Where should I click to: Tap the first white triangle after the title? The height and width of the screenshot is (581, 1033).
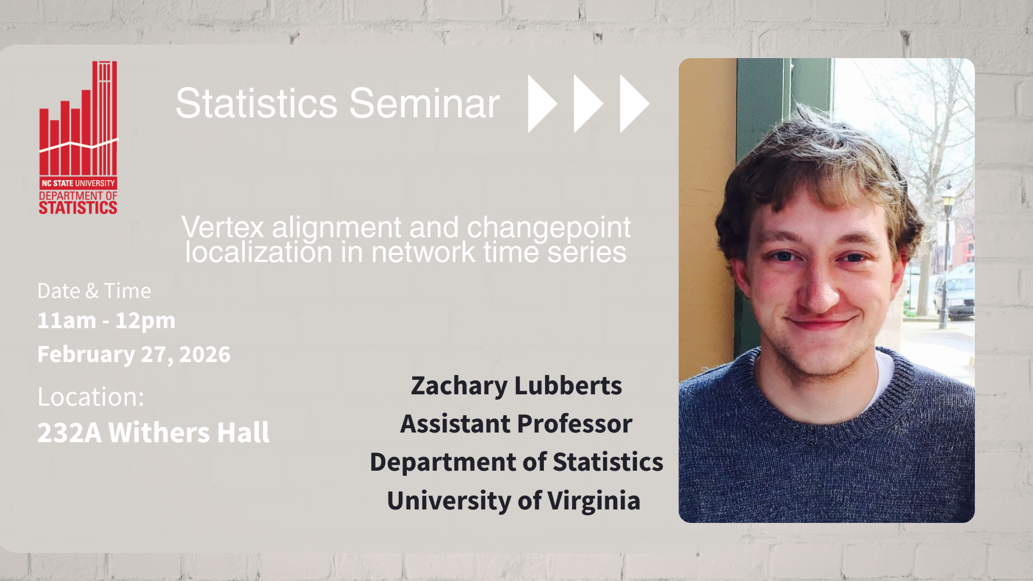tap(542, 103)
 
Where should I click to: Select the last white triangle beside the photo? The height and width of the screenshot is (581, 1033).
tap(634, 103)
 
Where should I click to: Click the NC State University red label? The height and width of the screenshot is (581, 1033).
tap(79, 183)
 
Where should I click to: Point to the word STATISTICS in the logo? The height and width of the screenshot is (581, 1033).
tap(78, 208)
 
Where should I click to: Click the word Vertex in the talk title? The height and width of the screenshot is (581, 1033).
tap(223, 227)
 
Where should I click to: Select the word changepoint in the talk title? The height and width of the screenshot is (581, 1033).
tap(549, 228)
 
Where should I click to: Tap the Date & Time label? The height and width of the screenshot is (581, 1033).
tap(94, 291)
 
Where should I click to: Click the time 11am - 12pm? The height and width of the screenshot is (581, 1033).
tap(107, 321)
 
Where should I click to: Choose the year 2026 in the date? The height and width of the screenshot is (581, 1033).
tap(205, 354)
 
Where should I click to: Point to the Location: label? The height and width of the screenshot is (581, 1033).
tap(91, 397)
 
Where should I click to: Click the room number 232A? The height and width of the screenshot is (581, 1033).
tap(69, 433)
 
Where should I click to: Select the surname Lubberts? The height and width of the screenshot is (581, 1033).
tap(568, 386)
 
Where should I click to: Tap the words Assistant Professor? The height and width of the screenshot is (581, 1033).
tap(516, 424)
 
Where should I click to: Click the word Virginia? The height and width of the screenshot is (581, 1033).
tap(594, 501)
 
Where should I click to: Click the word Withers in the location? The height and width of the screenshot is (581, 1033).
tap(159, 433)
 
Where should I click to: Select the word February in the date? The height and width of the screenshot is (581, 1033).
tap(86, 355)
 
